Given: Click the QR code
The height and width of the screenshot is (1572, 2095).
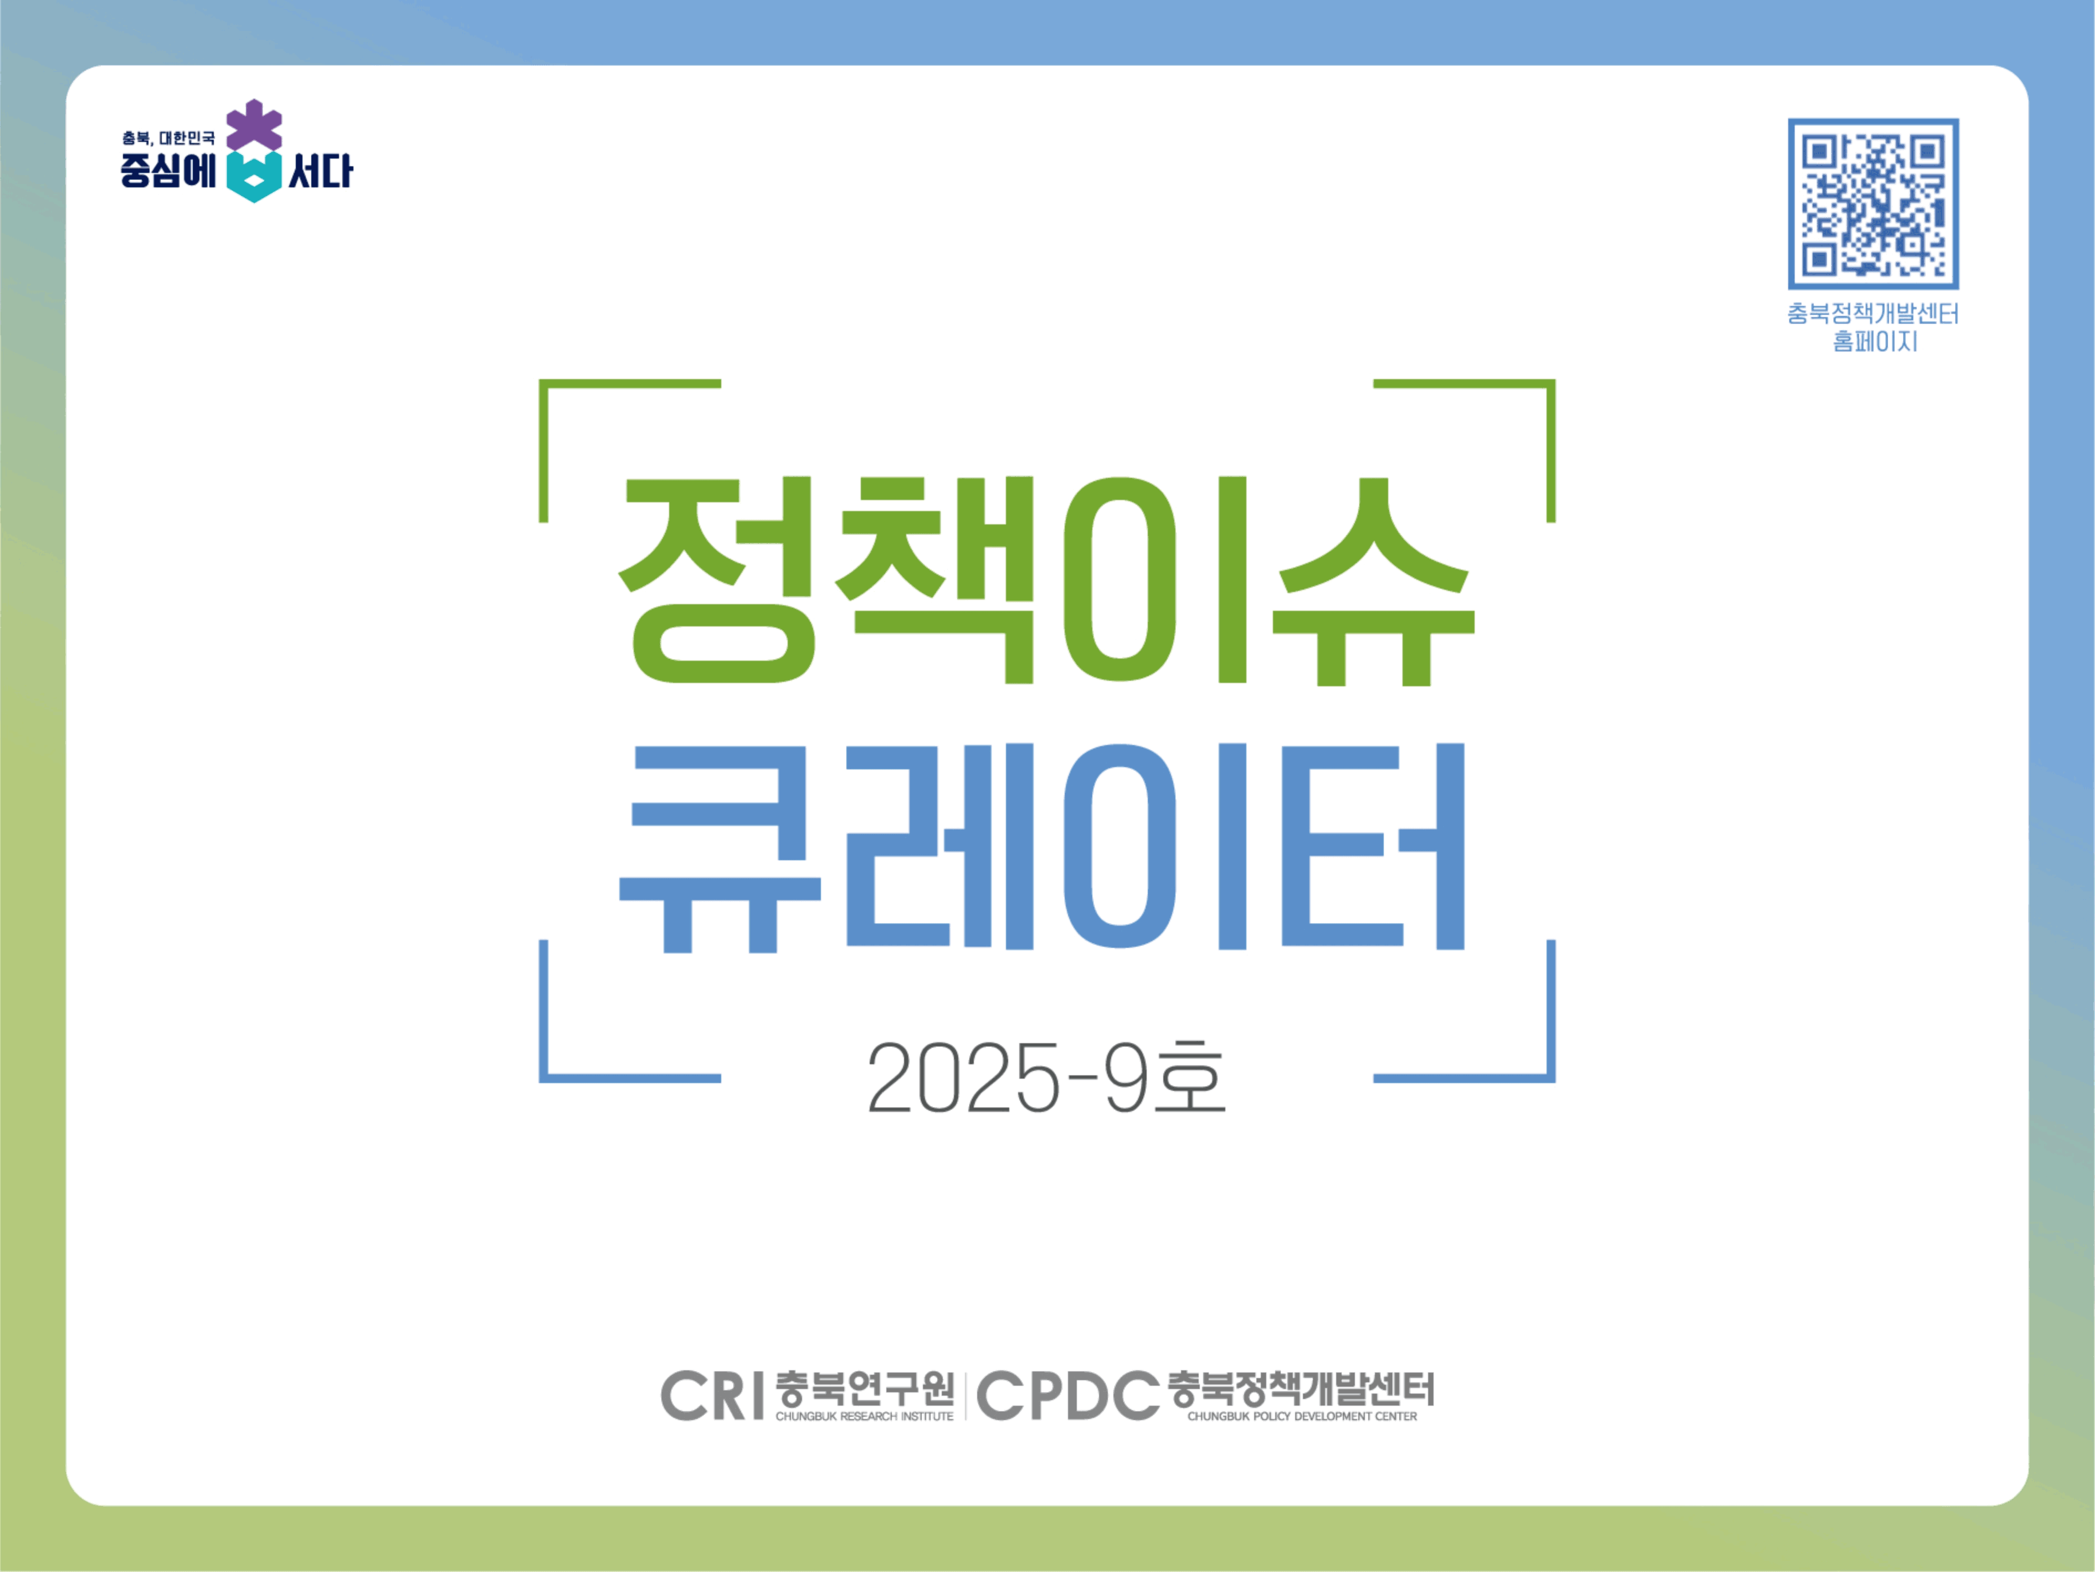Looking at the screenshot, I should coord(1872,204).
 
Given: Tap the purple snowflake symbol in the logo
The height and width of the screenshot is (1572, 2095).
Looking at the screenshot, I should coord(254,125).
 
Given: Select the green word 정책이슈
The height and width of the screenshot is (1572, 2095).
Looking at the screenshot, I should coord(1046,580).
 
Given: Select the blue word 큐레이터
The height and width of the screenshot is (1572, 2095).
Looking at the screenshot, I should coord(1042,846).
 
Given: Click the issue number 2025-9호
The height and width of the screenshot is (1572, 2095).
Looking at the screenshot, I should coord(1046,1078).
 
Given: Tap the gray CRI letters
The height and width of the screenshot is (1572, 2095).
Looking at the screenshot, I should coord(712,1396).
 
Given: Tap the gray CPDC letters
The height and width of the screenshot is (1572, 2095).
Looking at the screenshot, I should coord(1067,1396).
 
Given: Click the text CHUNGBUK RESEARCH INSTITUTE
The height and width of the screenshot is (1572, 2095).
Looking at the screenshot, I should coord(864,1417).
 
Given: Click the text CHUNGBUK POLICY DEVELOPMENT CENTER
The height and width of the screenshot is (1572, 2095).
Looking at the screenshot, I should coord(1302,1417).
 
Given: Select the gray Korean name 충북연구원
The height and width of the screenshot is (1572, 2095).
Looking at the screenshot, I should coord(864,1388).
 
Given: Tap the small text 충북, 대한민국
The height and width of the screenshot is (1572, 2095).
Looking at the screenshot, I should coord(168,139).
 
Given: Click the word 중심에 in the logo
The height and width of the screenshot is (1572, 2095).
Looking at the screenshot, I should coord(168,171).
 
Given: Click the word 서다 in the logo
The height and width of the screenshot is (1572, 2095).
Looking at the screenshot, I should coord(320,171).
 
